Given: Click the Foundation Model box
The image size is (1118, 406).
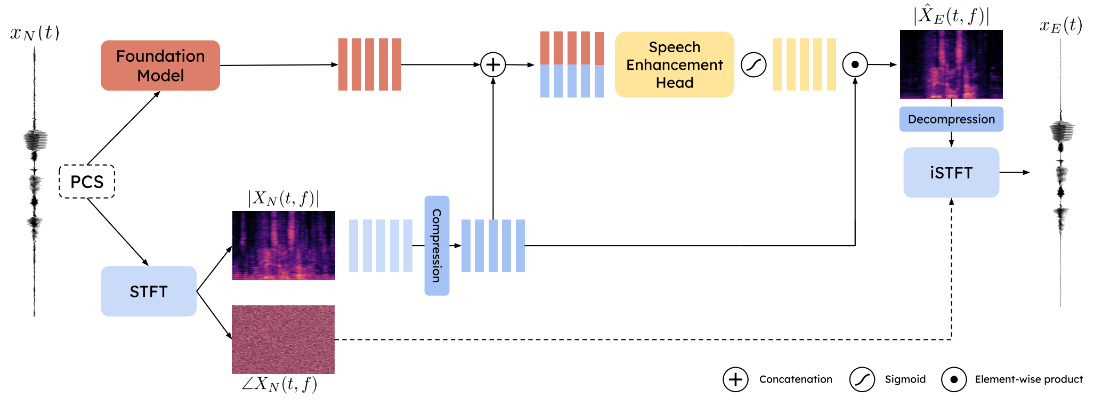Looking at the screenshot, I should click(160, 66).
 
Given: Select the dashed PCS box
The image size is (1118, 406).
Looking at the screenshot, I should click(87, 182).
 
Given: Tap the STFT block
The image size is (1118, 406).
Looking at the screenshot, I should click(148, 291).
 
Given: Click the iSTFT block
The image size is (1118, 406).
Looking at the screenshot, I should click(951, 173).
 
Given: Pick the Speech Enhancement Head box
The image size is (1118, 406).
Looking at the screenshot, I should click(674, 64).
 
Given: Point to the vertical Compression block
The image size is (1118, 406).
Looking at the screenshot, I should click(436, 246).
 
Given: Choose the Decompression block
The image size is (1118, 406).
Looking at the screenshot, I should click(951, 119).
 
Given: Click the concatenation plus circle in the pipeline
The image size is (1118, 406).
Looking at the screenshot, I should click(493, 64).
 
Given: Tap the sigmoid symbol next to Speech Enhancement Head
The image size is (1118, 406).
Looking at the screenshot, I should click(754, 65).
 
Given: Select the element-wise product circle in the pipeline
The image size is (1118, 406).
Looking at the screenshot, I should click(855, 64).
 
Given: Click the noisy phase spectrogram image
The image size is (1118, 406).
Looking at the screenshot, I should click(283, 339).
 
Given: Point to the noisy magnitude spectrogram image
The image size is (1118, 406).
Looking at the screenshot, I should click(283, 246).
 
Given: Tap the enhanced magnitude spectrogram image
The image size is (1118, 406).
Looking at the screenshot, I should click(951, 64).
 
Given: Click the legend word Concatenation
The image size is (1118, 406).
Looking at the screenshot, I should click(796, 379).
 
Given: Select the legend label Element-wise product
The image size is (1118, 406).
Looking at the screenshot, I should click(1028, 379).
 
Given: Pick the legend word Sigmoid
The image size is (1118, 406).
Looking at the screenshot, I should click(905, 379).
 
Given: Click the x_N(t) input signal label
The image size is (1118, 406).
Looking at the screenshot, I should click(35, 33).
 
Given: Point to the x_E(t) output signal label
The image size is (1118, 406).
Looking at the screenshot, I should click(1060, 26).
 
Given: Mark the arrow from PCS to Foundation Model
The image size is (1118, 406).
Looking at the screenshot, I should click(124, 128).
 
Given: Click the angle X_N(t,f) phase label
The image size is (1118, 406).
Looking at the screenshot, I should click(279, 384).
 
